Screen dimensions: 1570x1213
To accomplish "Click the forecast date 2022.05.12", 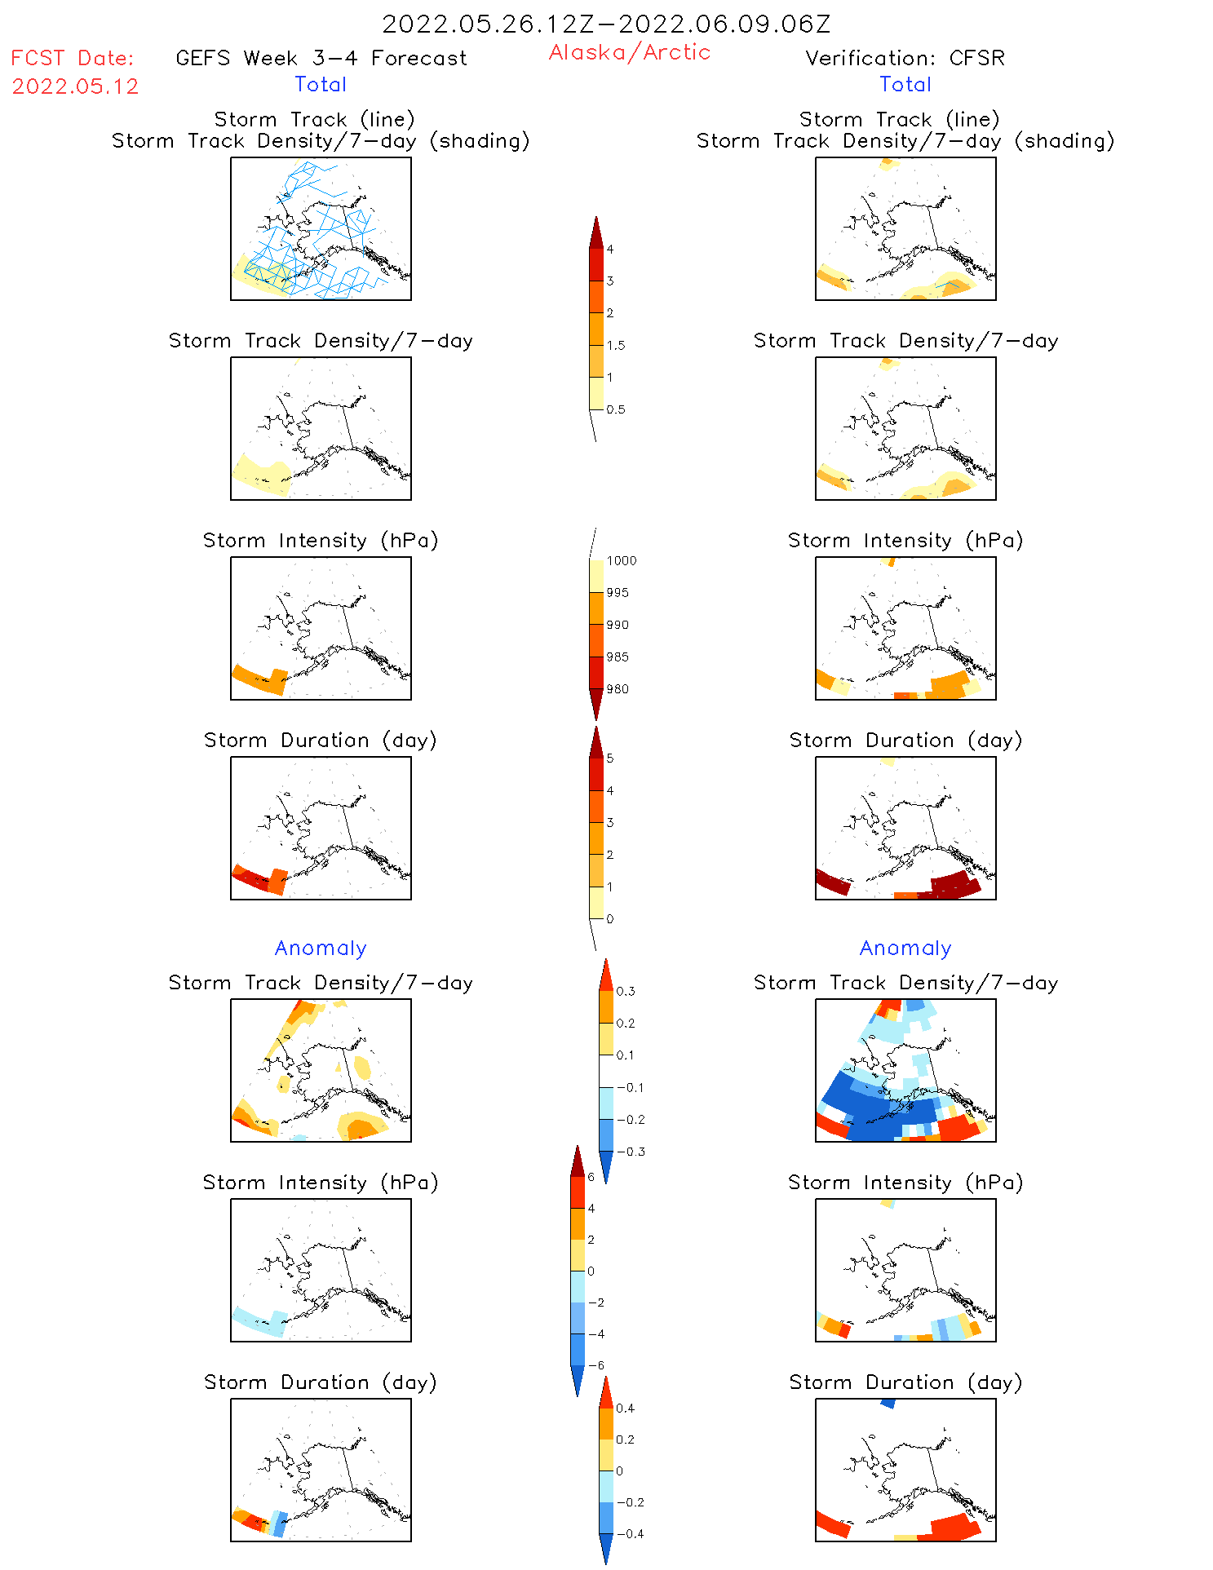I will tap(75, 86).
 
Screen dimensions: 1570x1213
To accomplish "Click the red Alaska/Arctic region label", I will tap(629, 52).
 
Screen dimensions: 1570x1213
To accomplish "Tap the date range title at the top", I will tap(606, 24).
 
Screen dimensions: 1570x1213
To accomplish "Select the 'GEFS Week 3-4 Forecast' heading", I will tap(321, 58).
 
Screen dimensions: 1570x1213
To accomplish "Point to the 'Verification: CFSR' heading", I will tap(905, 58).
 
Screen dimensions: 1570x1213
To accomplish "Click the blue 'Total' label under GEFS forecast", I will tap(321, 84).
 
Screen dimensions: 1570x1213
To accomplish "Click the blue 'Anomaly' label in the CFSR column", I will tap(905, 948).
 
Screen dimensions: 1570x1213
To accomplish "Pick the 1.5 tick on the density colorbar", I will tap(616, 345).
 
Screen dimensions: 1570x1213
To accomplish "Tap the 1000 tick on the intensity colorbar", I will tap(621, 560).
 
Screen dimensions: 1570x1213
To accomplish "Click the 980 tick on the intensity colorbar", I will tap(618, 689).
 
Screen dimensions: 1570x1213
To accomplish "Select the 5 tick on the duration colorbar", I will tap(609, 758).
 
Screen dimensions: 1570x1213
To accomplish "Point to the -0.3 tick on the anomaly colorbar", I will tap(631, 1152).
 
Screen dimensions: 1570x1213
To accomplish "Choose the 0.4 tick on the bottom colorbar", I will tap(625, 1408).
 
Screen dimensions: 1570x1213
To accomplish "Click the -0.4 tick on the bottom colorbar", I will tap(630, 1533).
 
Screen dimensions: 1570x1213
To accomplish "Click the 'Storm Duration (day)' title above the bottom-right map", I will tap(905, 1382).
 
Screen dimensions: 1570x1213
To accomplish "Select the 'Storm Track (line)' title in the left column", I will tap(314, 119).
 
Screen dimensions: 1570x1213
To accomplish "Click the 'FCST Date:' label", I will tap(72, 58).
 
